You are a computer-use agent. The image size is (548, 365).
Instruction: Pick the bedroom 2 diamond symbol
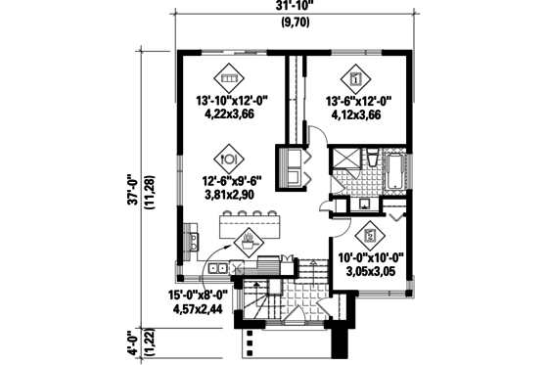coord(369,235)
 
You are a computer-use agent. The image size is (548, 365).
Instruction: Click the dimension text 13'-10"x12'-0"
coord(231,100)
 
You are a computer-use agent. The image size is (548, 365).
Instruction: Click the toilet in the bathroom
coord(373,158)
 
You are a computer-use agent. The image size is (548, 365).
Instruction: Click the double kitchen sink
coord(217,267)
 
